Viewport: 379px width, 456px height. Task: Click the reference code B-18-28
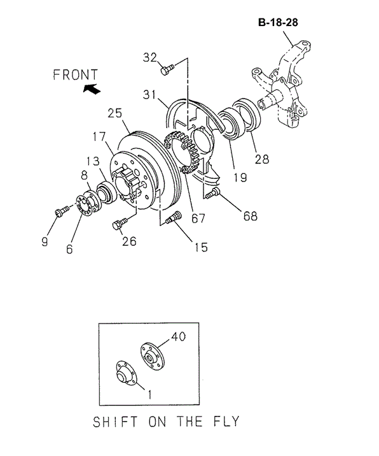click(278, 22)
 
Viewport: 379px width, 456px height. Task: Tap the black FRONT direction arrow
click(92, 90)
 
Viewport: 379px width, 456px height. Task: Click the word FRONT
click(75, 75)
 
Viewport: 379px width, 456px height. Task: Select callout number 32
click(149, 57)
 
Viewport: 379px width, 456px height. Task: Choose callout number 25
click(114, 113)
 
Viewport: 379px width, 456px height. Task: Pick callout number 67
click(198, 218)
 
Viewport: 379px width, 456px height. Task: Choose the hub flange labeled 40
click(150, 354)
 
